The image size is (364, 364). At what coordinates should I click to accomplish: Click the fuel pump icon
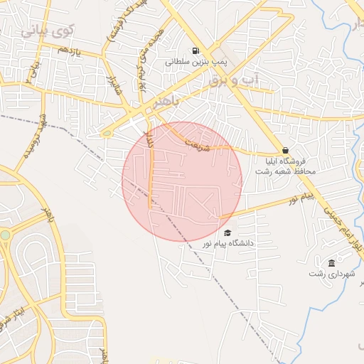pos(195,50)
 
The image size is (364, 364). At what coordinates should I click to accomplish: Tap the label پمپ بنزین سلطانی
pos(196,62)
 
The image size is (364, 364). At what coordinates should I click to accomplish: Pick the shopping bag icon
pos(285,151)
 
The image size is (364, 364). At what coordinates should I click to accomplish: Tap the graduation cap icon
pos(227,232)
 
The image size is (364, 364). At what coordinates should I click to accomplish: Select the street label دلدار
pos(150,140)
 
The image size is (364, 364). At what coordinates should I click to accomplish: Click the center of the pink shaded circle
pos(182,181)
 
